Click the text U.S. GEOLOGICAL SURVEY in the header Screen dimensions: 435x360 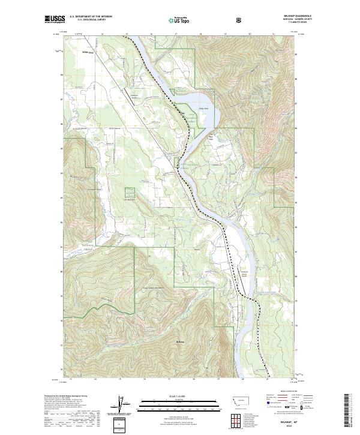[x=88, y=22]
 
